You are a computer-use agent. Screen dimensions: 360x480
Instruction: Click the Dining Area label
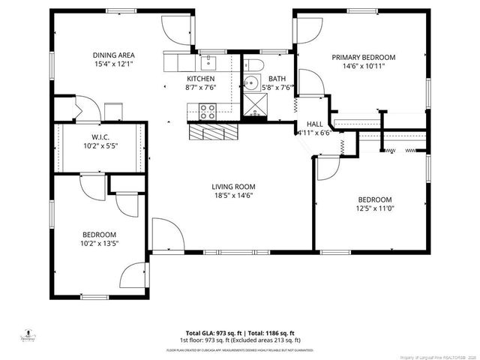tap(114, 55)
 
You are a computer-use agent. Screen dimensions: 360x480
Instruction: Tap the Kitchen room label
tap(201, 79)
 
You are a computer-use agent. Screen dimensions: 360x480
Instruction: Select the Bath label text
tap(277, 79)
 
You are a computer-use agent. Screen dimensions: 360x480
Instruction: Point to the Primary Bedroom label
tap(364, 57)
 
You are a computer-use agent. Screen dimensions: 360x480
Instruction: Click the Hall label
tap(314, 124)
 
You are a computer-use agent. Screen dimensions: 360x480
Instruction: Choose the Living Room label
tap(233, 187)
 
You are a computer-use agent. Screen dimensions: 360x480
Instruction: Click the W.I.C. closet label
tap(101, 136)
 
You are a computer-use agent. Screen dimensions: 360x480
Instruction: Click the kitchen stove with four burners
tap(208, 112)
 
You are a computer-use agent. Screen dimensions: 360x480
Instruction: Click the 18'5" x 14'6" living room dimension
tap(233, 196)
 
